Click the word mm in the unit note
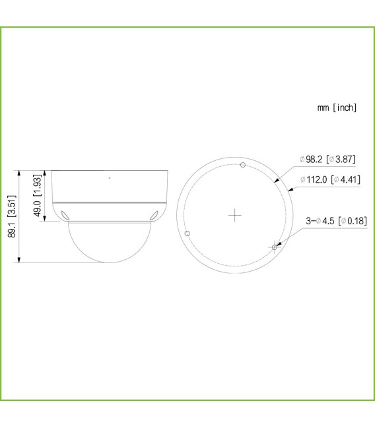click(323, 107)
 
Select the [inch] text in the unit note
click(345, 107)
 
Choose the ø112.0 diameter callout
click(314, 179)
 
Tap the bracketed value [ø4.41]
click(346, 179)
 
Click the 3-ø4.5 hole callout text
click(320, 220)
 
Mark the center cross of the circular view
click(234, 215)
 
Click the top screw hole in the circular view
click(242, 165)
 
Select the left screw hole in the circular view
click(187, 233)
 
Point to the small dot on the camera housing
click(110, 178)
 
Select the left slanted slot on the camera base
click(65, 214)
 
